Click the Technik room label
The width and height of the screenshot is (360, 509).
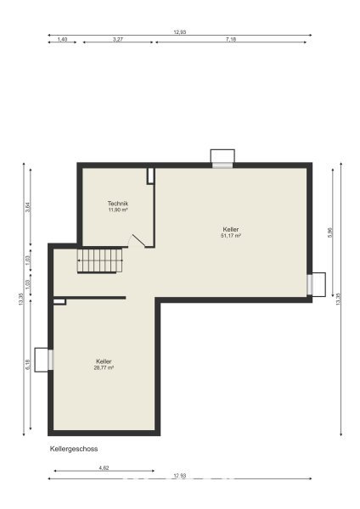tap(118, 204)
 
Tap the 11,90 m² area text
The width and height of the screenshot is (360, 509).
tap(118, 210)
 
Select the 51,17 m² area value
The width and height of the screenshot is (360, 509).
tap(231, 236)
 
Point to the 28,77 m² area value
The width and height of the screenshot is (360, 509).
tap(104, 367)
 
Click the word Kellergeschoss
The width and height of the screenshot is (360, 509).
tap(74, 449)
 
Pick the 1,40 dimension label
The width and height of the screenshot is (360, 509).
tap(62, 39)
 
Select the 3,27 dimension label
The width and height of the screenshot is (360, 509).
tap(118, 39)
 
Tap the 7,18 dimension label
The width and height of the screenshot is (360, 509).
tap(231, 39)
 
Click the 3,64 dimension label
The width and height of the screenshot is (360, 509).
tap(28, 207)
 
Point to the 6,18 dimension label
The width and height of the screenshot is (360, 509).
tap(28, 364)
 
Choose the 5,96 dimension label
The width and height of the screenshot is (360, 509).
tap(330, 232)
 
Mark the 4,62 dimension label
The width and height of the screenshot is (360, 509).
tap(104, 467)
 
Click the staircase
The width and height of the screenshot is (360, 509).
tap(99, 260)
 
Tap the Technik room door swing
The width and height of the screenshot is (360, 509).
tap(137, 241)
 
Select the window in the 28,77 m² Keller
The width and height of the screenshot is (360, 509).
tap(50, 360)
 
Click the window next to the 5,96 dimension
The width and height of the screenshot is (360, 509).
tap(310, 285)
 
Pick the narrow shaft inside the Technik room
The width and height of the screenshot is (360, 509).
tap(150, 176)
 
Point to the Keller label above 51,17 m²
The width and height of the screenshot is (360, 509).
tap(231, 230)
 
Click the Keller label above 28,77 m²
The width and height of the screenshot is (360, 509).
tap(104, 361)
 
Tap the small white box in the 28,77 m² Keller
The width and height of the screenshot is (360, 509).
tap(59, 302)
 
